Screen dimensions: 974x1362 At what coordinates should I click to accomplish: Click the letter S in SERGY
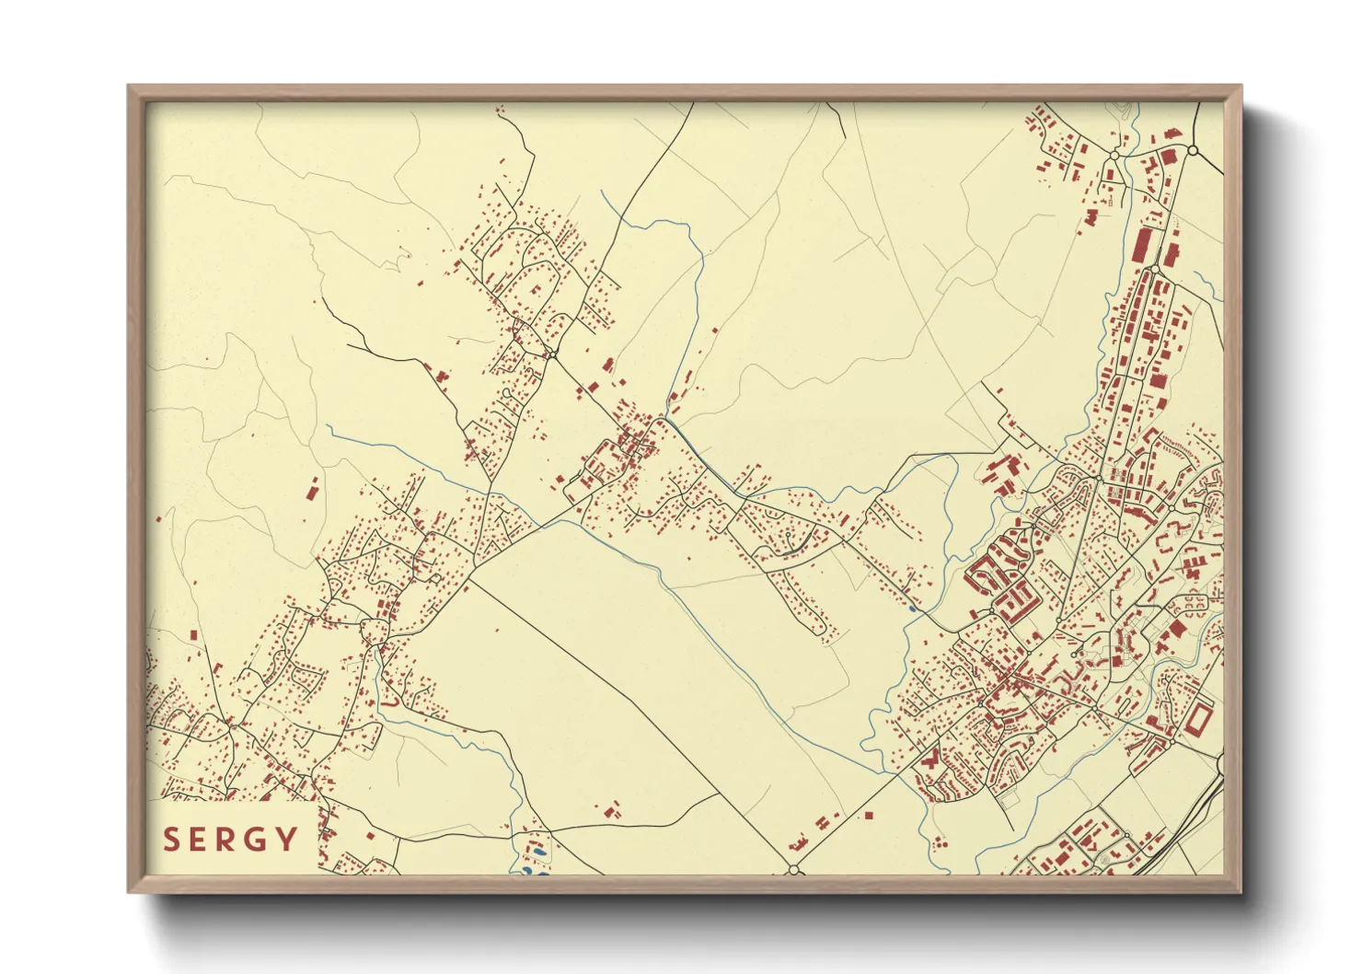(x=171, y=840)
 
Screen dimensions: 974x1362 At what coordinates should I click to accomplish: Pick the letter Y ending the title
(x=288, y=840)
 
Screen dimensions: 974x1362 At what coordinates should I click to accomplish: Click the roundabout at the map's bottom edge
(x=793, y=869)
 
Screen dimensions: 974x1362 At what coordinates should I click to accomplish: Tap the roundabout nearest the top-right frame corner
(x=1193, y=149)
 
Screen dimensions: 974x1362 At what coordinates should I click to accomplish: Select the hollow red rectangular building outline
(x=1198, y=718)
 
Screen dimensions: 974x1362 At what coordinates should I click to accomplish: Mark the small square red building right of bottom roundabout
(x=868, y=815)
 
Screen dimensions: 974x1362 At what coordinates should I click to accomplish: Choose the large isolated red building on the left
(x=311, y=489)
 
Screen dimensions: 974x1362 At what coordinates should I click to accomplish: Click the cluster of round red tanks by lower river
(x=940, y=841)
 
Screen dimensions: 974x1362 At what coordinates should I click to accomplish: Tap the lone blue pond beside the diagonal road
(x=912, y=609)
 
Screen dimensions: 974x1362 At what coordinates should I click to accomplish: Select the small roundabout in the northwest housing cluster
(x=551, y=354)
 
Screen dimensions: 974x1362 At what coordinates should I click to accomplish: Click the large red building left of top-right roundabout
(x=1169, y=157)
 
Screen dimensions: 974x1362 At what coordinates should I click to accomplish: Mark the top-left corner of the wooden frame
(x=129, y=87)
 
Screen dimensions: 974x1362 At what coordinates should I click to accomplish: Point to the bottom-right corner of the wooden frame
(x=1241, y=892)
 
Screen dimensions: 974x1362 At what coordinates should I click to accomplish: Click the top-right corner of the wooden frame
(x=1241, y=87)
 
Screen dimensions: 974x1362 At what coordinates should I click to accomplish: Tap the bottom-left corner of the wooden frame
(x=129, y=892)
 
